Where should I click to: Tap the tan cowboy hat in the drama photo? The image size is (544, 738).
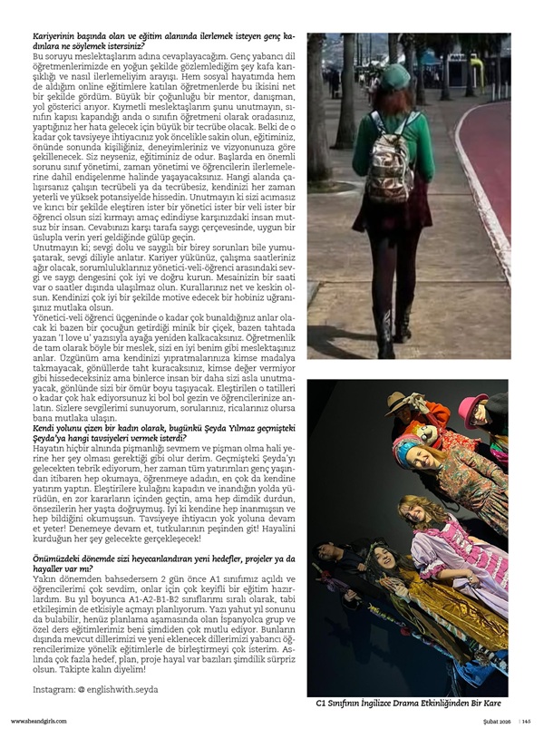click(428, 402)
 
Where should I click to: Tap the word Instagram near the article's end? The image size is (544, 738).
click(52, 690)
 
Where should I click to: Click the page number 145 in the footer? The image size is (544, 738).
click(525, 721)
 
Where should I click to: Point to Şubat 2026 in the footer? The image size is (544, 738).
click(491, 721)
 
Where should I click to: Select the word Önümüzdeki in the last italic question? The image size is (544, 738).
click(63, 561)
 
